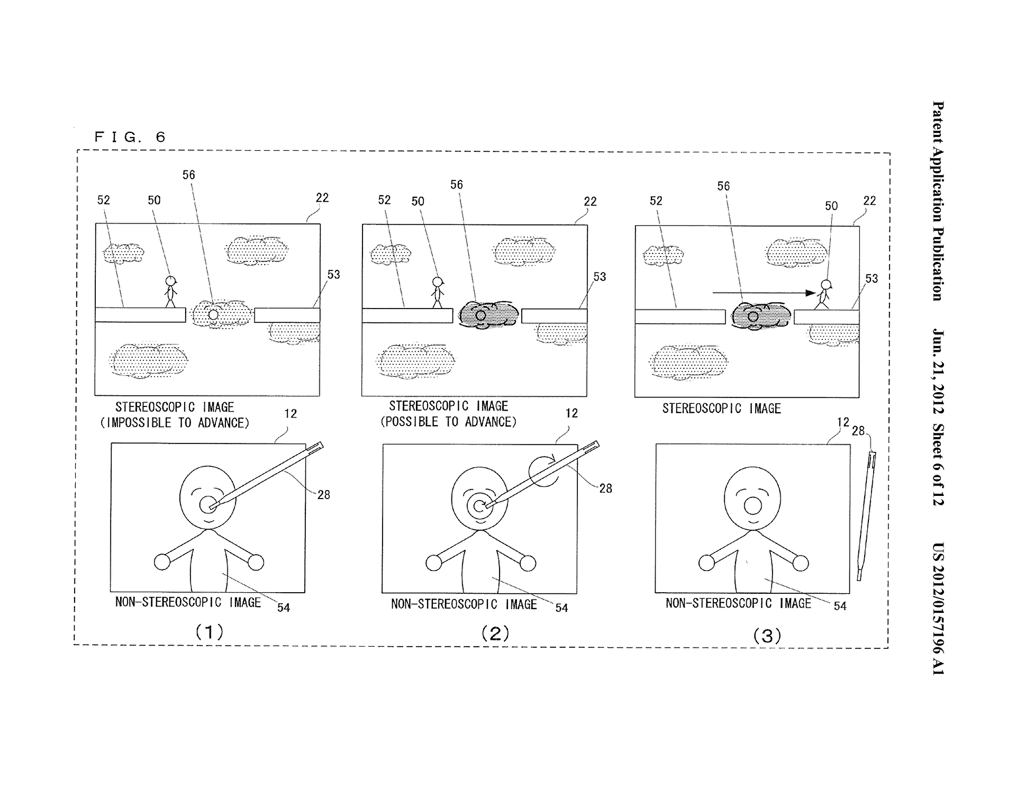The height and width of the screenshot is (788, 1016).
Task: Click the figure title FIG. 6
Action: pos(130,137)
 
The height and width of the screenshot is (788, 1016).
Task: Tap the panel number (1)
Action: pos(210,631)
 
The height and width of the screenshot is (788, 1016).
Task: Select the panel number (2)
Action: pos(495,633)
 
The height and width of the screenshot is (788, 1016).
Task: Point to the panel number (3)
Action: pos(767,635)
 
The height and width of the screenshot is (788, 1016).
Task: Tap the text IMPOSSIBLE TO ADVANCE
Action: pos(175,423)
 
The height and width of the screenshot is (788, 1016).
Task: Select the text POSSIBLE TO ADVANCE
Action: pos(448,422)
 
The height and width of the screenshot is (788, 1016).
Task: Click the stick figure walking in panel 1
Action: pos(170,291)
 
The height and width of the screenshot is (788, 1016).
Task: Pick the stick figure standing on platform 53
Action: pos(823,294)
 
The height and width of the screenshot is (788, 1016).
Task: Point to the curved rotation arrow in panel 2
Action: pos(543,470)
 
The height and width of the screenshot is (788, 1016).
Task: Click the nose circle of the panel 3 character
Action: pos(752,506)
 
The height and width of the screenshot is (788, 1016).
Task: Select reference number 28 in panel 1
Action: pos(323,495)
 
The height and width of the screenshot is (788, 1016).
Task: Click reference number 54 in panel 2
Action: pos(561,608)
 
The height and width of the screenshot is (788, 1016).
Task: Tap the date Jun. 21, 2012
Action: pos(938,371)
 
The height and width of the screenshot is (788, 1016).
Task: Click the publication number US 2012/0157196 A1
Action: pos(938,609)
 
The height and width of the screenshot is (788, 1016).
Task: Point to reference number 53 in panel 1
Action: pos(333,275)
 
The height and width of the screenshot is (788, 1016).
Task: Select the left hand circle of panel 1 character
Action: pos(162,561)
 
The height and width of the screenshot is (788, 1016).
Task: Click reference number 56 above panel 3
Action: pos(723,186)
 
